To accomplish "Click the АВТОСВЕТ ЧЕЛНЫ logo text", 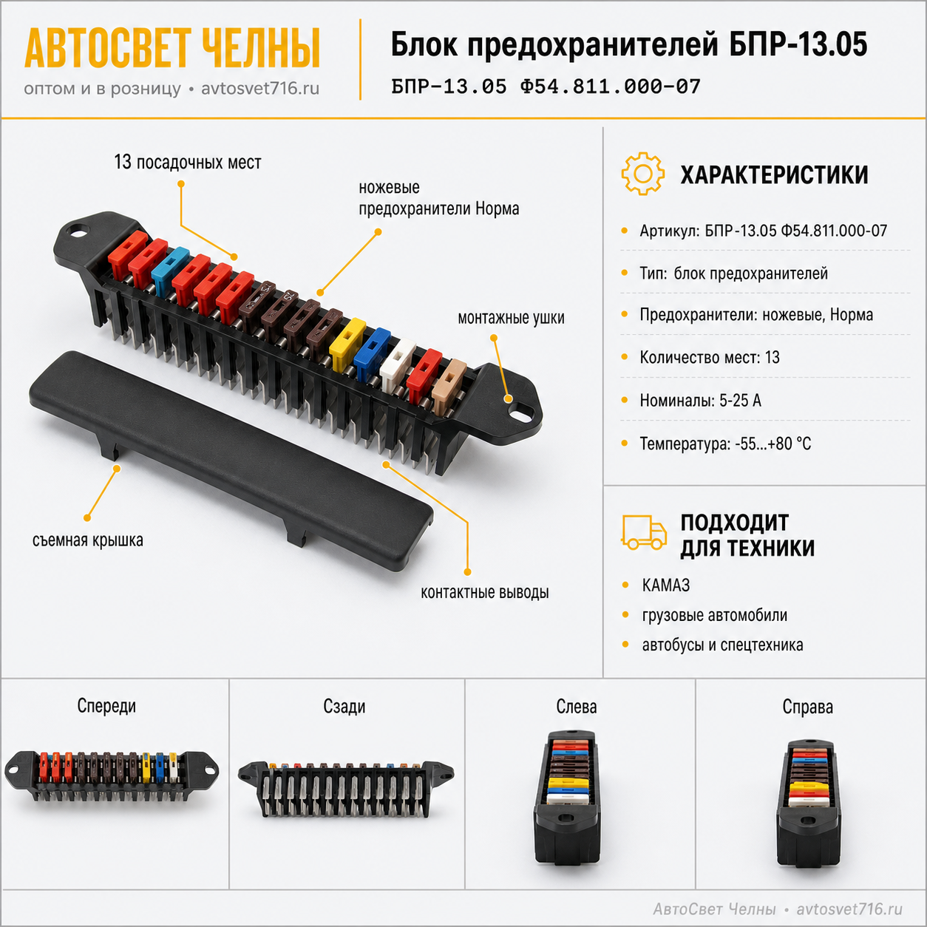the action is pos(172,48).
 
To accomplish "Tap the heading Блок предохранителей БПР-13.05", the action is pos(629,45).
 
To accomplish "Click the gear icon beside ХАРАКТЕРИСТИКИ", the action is pos(642,174).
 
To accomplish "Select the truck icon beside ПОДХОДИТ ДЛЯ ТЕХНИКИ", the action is pos(644,532).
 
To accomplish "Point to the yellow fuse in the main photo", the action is pos(347,338).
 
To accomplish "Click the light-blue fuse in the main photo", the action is pos(169,271).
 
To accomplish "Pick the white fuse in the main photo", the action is pos(398,364).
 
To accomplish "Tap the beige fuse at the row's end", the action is pos(449,387).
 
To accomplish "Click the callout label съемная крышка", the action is pos(87,540).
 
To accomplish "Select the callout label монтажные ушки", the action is pos(511,317).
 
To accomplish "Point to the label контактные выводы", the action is pos(484,592).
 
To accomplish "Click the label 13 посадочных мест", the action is pos(187,162).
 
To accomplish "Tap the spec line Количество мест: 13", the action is pos(709,357).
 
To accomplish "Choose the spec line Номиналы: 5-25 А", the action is pos(700,400).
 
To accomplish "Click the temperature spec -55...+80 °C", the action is pos(772,443).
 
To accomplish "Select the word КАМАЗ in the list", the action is pos(666,585).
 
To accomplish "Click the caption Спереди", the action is pos(106,706).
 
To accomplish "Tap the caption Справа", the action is pos(807,707).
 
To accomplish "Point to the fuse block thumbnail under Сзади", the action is pos(345,789).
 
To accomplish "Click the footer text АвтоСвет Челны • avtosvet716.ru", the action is pos(778,909).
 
